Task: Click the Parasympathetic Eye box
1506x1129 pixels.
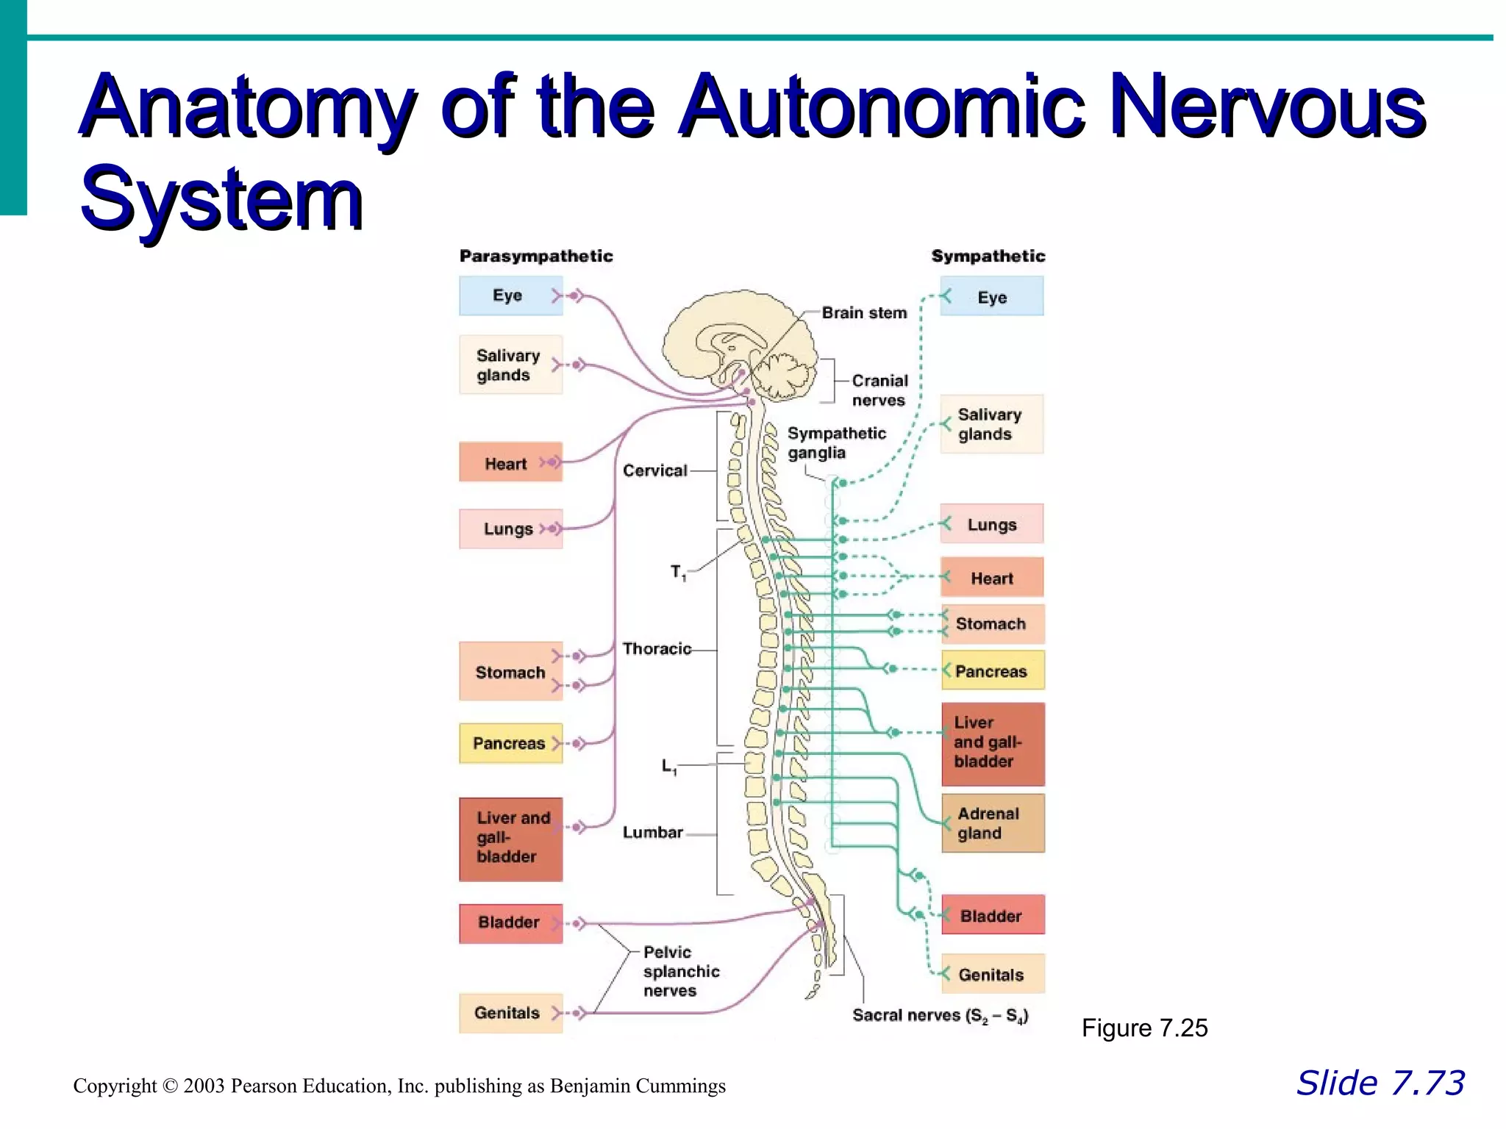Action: (x=510, y=295)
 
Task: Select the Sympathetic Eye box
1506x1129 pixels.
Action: (x=991, y=296)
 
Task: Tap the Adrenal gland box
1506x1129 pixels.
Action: (x=992, y=823)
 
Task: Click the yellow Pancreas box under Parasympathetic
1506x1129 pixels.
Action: (x=510, y=743)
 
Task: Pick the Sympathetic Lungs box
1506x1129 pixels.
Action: (x=991, y=524)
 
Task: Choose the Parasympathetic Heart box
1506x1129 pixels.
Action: (x=510, y=462)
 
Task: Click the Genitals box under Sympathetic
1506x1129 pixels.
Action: (x=992, y=974)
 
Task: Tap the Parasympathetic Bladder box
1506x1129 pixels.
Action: (x=510, y=922)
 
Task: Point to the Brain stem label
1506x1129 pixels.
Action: (x=864, y=312)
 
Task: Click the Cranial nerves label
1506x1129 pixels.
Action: (x=879, y=390)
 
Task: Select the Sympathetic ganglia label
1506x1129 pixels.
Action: (x=836, y=442)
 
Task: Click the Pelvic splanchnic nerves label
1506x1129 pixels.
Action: (x=680, y=971)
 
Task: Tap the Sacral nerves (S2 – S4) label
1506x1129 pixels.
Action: (x=940, y=1016)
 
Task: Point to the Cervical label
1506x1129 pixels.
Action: (x=654, y=470)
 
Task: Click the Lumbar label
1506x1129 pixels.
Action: (x=652, y=832)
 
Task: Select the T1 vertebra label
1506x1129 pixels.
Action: (x=677, y=572)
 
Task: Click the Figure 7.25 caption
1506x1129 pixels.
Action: (x=1143, y=1028)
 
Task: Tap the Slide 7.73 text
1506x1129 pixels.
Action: (x=1380, y=1083)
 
